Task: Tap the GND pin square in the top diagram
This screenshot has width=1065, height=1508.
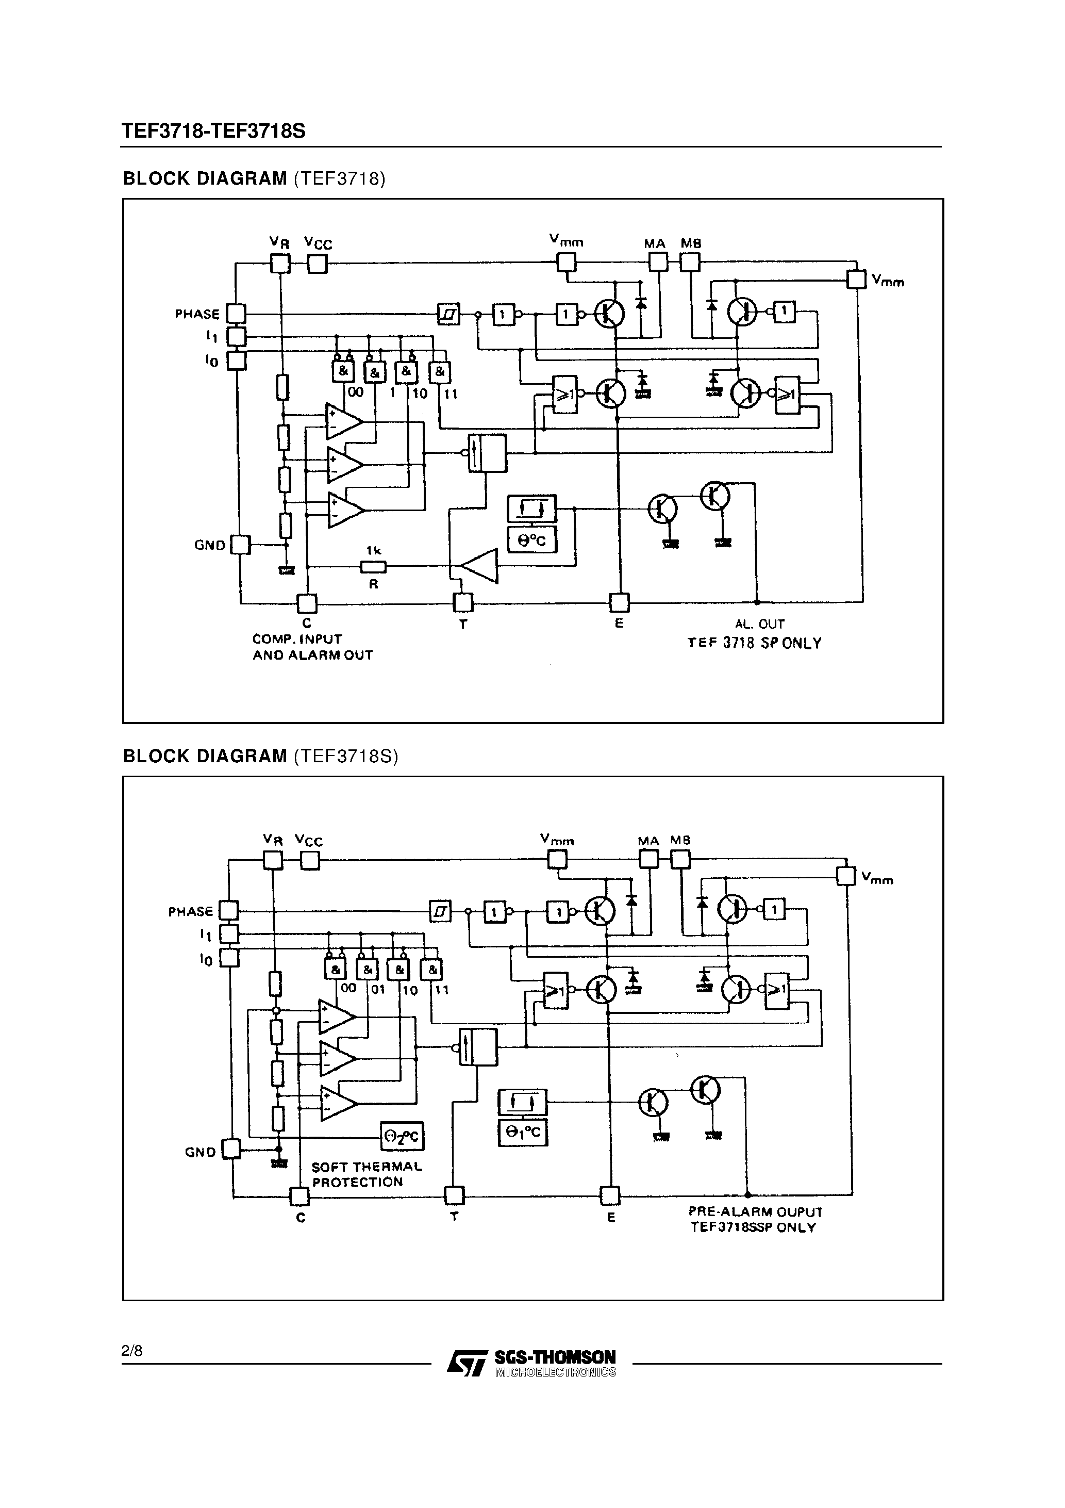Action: (241, 545)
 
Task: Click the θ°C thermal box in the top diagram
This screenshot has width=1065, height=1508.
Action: (532, 540)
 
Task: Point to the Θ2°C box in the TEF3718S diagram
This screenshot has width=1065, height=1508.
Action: (403, 1136)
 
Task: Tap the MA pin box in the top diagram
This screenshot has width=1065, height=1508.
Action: (658, 262)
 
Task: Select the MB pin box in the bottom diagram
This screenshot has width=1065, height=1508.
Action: (680, 859)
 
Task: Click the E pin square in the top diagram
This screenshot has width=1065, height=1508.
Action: (619, 602)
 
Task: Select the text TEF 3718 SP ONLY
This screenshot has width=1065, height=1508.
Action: (755, 644)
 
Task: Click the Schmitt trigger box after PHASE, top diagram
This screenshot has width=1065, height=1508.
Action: (448, 314)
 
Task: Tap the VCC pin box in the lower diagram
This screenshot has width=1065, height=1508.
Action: (310, 860)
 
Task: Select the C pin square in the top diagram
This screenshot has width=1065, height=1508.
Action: (307, 602)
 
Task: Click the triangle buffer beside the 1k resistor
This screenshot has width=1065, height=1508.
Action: (480, 565)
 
